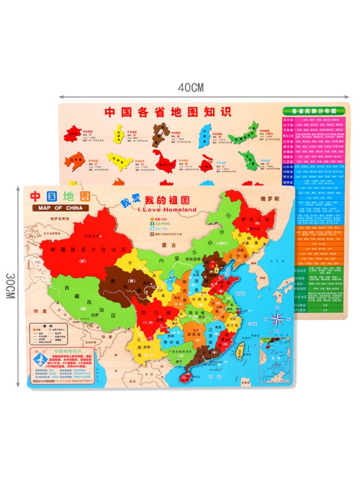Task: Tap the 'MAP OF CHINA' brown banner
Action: click(x=60, y=208)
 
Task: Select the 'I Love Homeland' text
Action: click(x=154, y=209)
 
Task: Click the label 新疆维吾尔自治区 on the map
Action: click(x=87, y=249)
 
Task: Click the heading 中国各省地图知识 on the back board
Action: click(x=168, y=112)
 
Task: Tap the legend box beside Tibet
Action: click(x=49, y=334)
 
